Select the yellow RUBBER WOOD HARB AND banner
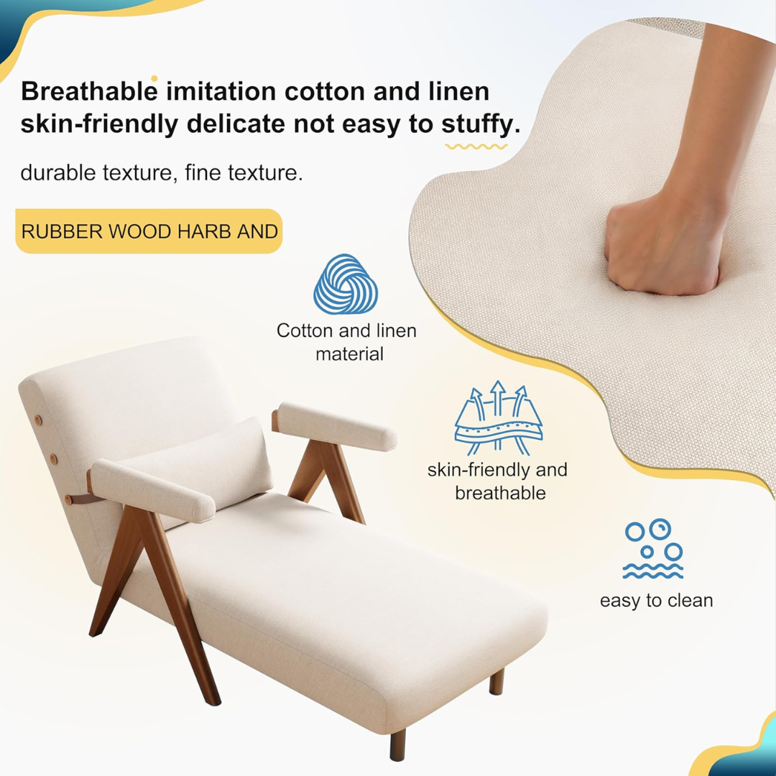point(149,231)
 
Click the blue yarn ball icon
point(346,284)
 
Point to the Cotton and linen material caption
point(346,342)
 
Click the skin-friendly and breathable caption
point(497,481)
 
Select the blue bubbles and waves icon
point(653,550)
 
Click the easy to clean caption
point(656,601)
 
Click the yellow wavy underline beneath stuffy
point(476,147)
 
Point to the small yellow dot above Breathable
point(154,78)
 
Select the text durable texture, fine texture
point(161,173)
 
